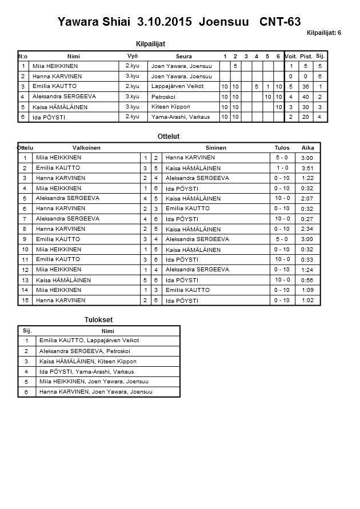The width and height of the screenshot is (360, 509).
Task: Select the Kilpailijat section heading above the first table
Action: (x=151, y=43)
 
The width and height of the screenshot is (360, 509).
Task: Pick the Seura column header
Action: (x=183, y=57)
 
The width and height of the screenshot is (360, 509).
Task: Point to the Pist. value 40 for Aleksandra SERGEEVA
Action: (x=306, y=97)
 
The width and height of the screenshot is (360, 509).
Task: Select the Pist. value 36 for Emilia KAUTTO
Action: (x=306, y=86)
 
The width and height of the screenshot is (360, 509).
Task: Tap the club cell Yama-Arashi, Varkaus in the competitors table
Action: (x=181, y=117)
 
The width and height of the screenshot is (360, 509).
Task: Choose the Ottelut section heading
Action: (x=169, y=137)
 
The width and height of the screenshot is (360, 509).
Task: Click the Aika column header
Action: (x=308, y=147)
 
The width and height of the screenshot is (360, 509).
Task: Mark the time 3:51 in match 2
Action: (x=307, y=168)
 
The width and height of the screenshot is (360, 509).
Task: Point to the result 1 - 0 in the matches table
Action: (x=282, y=168)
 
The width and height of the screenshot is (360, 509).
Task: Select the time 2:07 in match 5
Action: (x=307, y=198)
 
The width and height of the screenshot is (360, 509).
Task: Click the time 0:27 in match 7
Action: (x=307, y=219)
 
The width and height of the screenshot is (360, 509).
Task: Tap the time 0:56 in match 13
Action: (x=307, y=280)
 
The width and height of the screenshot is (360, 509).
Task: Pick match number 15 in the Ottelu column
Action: (x=25, y=300)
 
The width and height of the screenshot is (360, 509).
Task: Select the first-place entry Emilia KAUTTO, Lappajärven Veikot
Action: (x=89, y=340)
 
